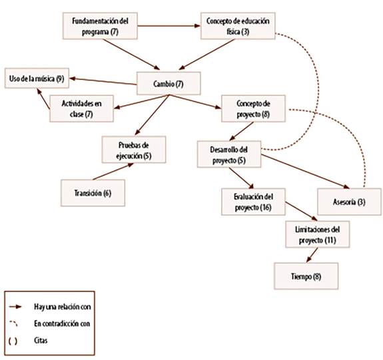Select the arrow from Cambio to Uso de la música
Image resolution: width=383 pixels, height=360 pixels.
point(103,81)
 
